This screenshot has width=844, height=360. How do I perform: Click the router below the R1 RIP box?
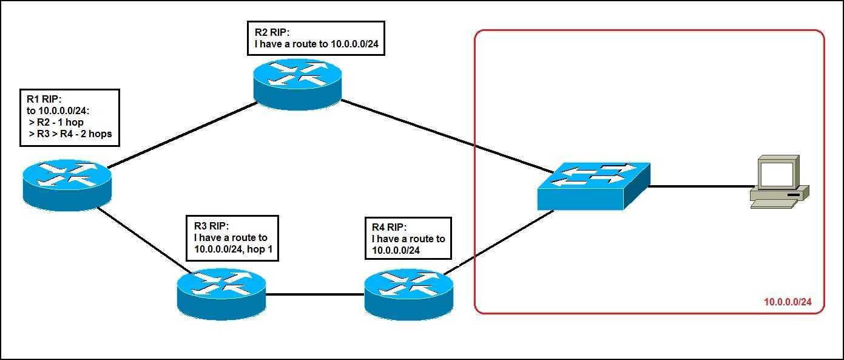pos(67,185)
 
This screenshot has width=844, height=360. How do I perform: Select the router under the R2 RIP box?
pos(298,84)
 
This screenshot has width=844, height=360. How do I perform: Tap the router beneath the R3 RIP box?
pos(221,294)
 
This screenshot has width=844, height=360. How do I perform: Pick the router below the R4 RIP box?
pos(409,294)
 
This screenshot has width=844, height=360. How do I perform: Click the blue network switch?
pos(593,186)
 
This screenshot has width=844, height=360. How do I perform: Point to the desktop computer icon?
pos(780,182)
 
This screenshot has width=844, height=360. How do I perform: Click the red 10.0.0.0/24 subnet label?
pos(788,302)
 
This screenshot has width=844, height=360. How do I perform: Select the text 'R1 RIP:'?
pos(44,99)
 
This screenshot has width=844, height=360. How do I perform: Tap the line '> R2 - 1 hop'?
pos(56,122)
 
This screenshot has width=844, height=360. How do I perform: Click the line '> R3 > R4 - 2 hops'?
pos(70,134)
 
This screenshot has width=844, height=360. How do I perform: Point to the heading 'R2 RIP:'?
pos(272,32)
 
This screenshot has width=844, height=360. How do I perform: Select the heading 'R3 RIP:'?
pos(211,226)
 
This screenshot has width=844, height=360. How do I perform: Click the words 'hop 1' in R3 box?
pos(260,249)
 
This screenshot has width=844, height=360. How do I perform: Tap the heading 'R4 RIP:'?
pos(389,227)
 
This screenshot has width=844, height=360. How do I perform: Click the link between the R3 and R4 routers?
pos(315,294)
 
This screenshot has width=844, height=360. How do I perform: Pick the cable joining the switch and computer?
pos(700,186)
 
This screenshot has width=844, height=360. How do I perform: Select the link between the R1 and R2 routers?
pos(183,135)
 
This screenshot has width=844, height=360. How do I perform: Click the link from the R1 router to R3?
pos(144,240)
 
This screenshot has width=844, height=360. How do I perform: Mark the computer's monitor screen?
pos(777,174)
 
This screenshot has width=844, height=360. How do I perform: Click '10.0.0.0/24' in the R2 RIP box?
pos(354,44)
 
